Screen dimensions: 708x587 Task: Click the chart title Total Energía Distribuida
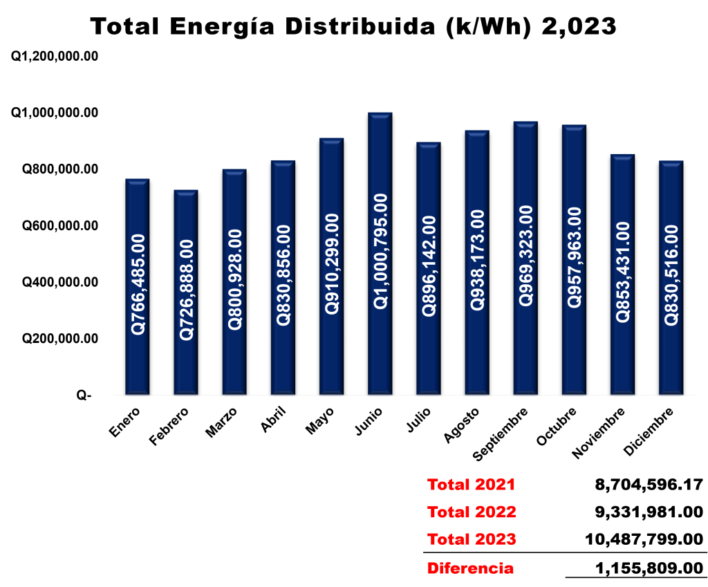point(262,26)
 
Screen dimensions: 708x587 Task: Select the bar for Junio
point(380,253)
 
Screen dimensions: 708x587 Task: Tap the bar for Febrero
point(186,292)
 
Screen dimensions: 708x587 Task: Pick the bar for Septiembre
point(525,258)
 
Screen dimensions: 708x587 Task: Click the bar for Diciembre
point(671,278)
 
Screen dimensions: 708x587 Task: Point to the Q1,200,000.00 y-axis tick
point(55,57)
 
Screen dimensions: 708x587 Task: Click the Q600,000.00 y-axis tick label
point(60,225)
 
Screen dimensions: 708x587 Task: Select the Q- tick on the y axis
point(84,395)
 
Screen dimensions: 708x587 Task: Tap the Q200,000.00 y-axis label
point(60,338)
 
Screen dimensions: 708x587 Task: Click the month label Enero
point(125,422)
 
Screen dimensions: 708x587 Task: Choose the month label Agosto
point(461,425)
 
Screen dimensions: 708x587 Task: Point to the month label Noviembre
point(599,433)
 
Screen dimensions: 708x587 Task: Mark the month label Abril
point(274,420)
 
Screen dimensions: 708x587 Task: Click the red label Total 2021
point(471,485)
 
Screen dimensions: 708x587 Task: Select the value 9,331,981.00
point(649,512)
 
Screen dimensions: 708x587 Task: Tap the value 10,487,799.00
point(644,539)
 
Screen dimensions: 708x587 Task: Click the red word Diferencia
point(470,568)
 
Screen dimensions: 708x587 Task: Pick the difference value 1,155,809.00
point(649,568)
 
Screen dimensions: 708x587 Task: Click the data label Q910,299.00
point(332,264)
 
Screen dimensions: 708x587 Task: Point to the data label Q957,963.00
point(575,257)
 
